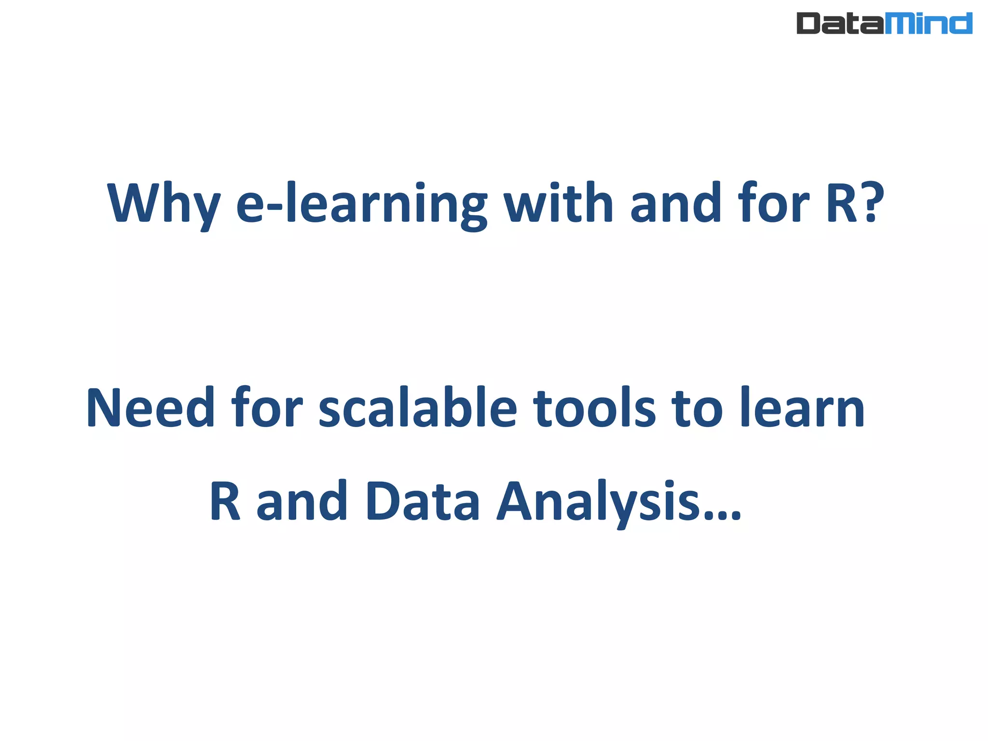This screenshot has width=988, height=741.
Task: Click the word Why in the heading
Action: tap(163, 204)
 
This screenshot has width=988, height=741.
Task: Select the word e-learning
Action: tap(361, 204)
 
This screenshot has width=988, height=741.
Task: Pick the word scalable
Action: tap(418, 408)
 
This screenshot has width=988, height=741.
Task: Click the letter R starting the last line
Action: tap(225, 502)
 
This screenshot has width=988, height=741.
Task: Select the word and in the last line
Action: tap(302, 502)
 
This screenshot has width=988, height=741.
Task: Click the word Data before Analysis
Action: tap(423, 502)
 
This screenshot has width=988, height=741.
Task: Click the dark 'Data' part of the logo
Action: tap(840, 23)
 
